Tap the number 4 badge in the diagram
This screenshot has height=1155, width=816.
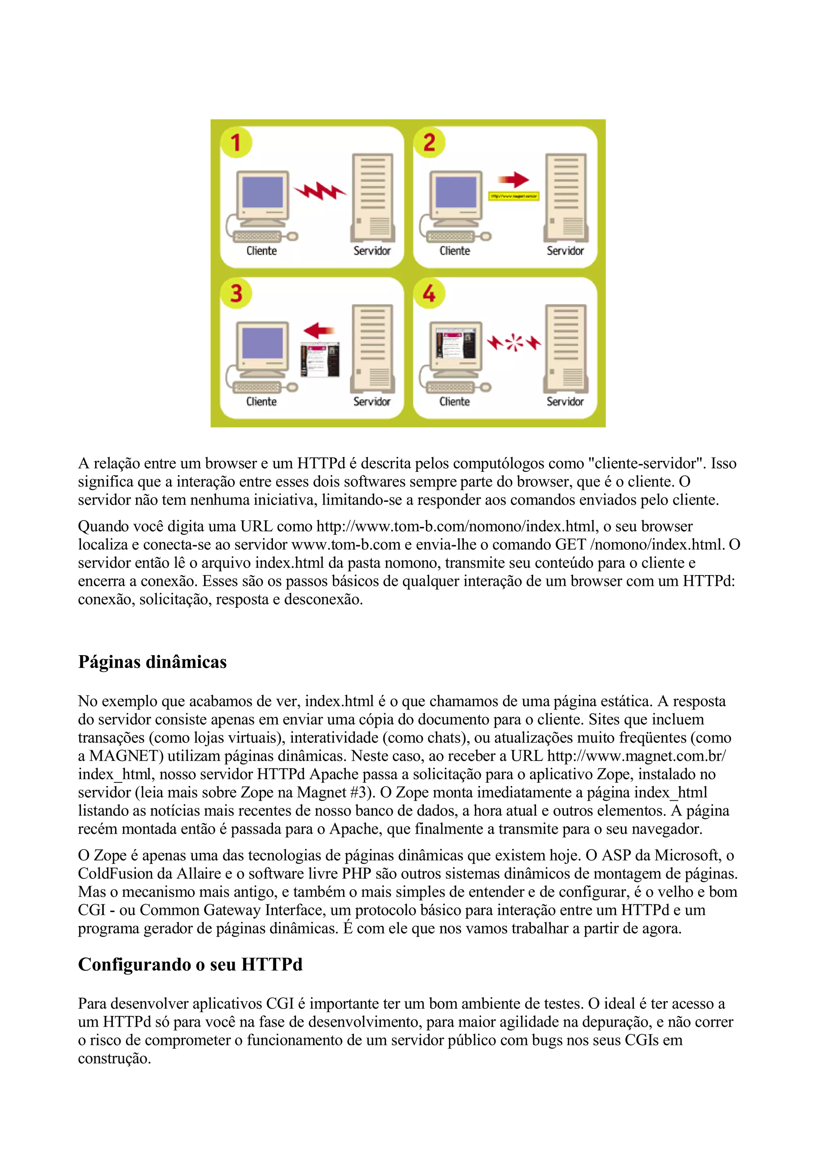tap(429, 293)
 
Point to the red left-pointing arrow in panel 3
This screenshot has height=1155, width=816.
tap(319, 330)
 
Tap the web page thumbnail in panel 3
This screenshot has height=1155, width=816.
tap(320, 359)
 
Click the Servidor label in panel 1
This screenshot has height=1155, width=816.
tap(372, 251)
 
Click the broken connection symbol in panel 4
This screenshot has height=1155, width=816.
tap(513, 343)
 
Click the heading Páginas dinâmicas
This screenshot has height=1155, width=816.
tap(152, 662)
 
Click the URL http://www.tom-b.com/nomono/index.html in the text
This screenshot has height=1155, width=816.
tap(455, 526)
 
